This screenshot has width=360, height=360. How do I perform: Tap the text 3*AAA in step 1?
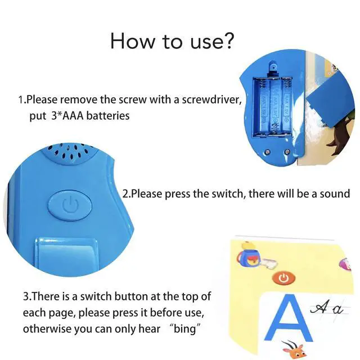tap(67, 115)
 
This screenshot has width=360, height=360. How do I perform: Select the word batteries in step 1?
tap(108, 115)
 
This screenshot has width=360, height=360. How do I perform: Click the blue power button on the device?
tap(70, 205)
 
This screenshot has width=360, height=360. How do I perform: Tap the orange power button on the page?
tap(283, 278)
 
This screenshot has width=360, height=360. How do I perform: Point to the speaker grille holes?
tap(69, 152)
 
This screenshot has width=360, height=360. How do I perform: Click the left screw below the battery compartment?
tap(267, 152)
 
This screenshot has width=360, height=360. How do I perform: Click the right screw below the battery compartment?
tap(287, 152)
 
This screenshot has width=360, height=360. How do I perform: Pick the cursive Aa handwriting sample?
tap(327, 309)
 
